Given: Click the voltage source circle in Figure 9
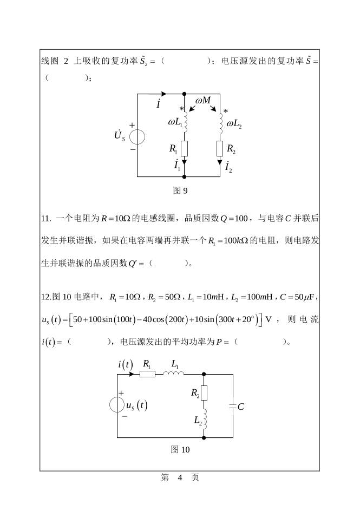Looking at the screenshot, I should (137, 136).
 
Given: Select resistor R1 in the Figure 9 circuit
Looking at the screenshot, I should (185, 148).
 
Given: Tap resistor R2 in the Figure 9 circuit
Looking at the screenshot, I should (220, 148).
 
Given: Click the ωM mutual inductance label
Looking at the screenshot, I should (203, 101).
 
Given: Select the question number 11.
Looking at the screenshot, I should (45, 219).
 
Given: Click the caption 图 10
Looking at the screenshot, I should (180, 449).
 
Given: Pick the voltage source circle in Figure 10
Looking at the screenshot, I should (117, 405).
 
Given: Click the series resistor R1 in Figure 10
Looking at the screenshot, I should (148, 374).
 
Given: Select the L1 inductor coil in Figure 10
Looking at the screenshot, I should (176, 373).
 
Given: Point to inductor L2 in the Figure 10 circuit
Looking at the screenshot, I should (204, 418).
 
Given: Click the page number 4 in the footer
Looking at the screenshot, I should (180, 477).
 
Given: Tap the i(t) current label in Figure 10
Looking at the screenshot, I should (126, 364).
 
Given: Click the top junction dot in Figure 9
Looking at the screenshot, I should (185, 94).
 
